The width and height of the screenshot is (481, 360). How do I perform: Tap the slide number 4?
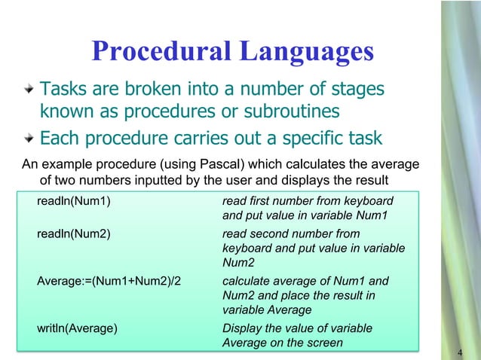pyautogui.click(x=460, y=354)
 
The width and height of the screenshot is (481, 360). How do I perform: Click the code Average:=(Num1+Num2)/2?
pyautogui.click(x=113, y=282)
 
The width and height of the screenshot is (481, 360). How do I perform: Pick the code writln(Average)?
pyautogui.click(x=77, y=328)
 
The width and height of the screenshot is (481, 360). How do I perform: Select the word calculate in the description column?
pyautogui.click(x=248, y=282)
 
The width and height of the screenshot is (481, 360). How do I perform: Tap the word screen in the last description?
pyautogui.click(x=323, y=343)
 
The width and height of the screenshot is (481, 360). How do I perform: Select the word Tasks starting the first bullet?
pyautogui.click(x=63, y=90)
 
